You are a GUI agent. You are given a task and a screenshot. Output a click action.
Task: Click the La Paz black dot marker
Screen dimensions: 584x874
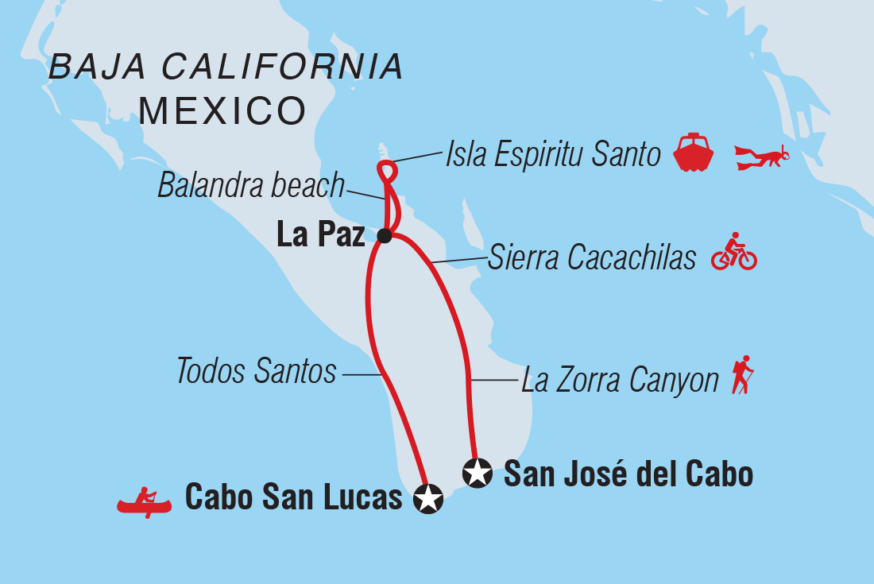(385, 235)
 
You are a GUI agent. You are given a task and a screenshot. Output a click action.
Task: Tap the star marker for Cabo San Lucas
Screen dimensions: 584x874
(429, 499)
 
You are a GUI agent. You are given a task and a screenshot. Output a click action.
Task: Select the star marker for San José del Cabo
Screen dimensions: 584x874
(477, 474)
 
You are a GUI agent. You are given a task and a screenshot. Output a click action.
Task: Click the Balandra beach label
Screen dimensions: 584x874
(251, 186)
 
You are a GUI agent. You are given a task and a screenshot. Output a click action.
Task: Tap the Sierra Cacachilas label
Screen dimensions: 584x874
(592, 257)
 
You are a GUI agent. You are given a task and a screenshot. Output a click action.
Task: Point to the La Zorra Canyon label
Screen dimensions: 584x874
(620, 381)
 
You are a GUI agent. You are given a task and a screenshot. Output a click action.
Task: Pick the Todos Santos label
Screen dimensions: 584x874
(257, 371)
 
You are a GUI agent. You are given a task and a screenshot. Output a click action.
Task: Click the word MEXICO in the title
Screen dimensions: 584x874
(222, 111)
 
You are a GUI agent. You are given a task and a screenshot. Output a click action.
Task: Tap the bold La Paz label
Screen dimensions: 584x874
(320, 235)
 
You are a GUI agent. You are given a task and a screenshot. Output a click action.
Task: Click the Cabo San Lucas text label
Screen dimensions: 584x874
(294, 498)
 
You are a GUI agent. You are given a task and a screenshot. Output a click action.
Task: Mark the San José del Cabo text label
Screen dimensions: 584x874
(628, 474)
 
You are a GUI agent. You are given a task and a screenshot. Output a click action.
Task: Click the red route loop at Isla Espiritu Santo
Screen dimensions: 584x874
(386, 170)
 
